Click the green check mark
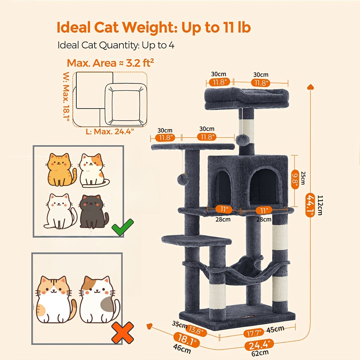pos(122,227)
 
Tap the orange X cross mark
pos(122,333)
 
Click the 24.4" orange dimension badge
pos(259,345)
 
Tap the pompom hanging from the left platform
pos(183,179)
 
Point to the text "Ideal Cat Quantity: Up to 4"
pos(116,45)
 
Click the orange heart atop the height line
pos(310,86)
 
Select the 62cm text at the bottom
pos(261,353)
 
